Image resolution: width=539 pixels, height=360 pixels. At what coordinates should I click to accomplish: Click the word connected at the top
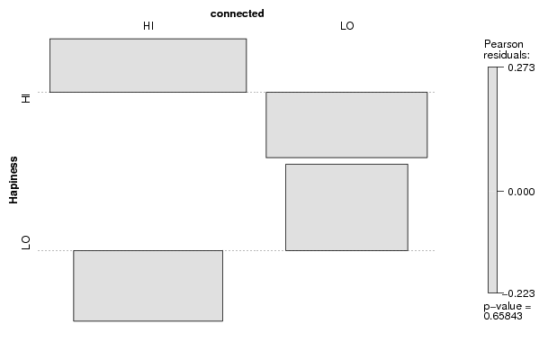[238, 13]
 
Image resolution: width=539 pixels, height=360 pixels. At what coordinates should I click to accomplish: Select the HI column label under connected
[148, 26]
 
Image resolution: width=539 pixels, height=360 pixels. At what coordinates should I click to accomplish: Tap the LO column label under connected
[346, 26]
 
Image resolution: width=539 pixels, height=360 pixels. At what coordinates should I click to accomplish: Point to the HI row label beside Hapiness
[26, 98]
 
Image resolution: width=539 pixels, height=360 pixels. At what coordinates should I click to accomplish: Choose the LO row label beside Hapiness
[26, 243]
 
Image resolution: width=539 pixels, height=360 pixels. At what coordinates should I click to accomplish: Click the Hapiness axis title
[13, 180]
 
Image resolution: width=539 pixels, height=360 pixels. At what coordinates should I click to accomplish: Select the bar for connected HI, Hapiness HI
[148, 66]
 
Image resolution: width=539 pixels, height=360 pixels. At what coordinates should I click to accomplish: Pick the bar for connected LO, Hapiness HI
[346, 125]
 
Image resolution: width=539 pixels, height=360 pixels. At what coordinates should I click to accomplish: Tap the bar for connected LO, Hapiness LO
[346, 207]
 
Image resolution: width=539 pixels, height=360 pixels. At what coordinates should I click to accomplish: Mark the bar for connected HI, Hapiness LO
[148, 285]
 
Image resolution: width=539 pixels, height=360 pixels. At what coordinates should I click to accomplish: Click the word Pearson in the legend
[504, 44]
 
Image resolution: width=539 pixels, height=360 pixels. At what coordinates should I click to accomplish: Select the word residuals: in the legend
[507, 55]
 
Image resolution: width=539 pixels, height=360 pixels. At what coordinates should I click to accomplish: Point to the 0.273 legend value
[522, 67]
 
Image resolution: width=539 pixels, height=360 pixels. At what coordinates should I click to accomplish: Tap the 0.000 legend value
[522, 192]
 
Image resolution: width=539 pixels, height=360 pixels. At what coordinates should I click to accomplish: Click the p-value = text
[508, 306]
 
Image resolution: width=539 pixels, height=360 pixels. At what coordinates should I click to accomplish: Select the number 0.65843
[503, 316]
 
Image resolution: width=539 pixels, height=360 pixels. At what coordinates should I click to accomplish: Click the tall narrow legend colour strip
[492, 180]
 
